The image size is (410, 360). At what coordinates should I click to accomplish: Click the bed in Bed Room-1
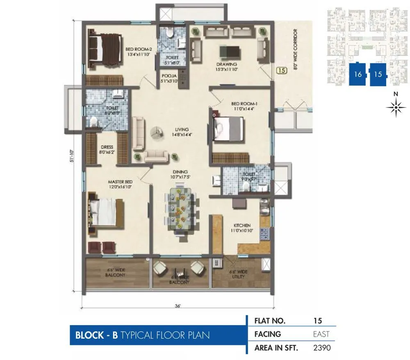(228, 129)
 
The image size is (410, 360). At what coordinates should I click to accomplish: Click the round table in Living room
(156, 132)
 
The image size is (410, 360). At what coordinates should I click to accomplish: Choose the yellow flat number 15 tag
(281, 71)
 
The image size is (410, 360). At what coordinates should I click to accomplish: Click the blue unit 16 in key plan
(358, 74)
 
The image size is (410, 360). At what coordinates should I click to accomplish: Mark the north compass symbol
(396, 107)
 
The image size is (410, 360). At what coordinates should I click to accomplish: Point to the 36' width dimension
(178, 306)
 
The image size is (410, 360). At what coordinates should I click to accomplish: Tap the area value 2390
(321, 348)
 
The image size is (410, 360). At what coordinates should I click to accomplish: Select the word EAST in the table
(321, 334)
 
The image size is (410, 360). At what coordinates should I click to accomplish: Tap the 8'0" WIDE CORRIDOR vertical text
(295, 55)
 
